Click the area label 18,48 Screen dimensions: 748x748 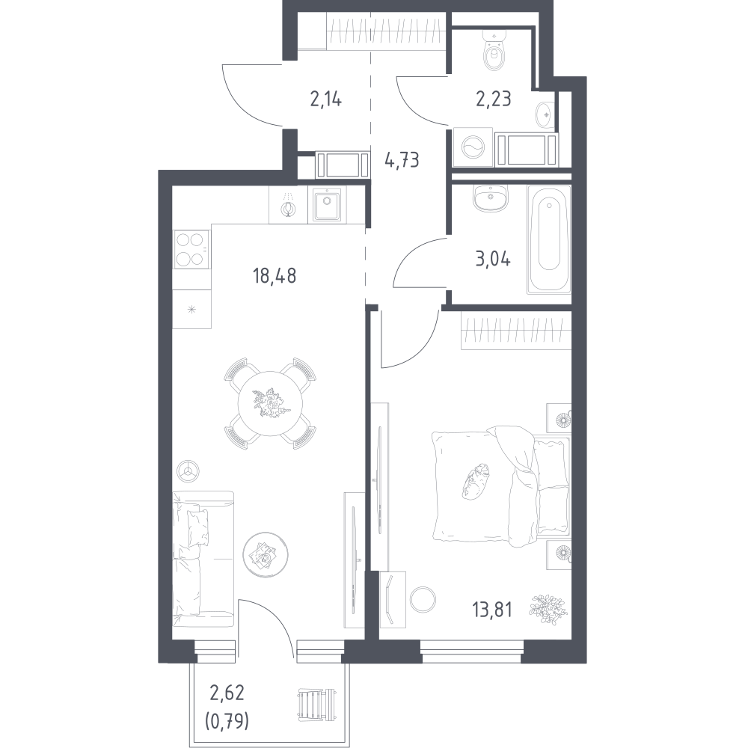click(275, 276)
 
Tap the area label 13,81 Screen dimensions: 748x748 click(492, 610)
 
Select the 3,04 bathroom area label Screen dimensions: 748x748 click(493, 260)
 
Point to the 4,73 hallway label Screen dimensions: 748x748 click(402, 160)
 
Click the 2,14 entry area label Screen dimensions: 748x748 click(326, 99)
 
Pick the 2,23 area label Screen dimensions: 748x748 click(493, 99)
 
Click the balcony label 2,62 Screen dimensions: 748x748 click(227, 693)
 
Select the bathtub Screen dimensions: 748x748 click(549, 239)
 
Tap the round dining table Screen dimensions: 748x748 click(270, 403)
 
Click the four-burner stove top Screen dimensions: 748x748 click(191, 248)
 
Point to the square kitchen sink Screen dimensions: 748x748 click(327, 204)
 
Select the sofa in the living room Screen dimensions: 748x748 click(203, 559)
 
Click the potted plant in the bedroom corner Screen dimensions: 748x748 click(548, 609)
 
